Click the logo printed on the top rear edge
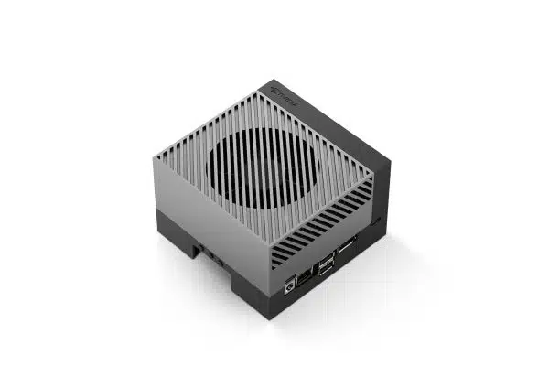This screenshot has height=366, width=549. [x=285, y=91]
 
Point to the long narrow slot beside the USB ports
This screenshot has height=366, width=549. [x=349, y=247]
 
